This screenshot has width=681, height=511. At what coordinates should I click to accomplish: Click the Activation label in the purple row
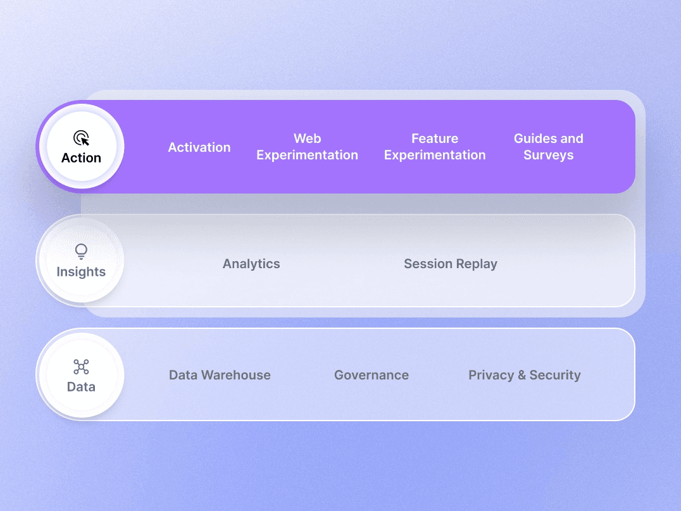199,147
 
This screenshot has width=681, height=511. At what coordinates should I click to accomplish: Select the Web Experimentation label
307,147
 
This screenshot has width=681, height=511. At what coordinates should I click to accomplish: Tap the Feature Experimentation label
435,147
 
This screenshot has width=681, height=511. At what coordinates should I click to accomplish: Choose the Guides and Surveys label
548,147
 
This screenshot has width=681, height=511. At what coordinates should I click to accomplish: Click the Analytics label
251,264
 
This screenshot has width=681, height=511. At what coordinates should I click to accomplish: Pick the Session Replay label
451,264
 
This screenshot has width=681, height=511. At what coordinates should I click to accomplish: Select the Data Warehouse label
220,375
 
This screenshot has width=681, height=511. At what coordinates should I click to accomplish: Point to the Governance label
372,375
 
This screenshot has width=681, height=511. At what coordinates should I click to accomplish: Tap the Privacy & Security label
524,375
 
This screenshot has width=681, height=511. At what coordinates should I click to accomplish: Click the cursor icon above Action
81,138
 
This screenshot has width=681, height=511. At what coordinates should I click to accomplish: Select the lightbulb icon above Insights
81,252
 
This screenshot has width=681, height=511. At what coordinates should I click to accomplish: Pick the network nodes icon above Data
81,367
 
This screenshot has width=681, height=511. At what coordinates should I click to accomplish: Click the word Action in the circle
81,158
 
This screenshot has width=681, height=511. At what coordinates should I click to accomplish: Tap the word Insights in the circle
81,272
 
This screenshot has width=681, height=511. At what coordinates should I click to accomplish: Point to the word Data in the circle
81,386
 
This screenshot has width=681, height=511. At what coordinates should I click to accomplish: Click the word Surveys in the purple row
548,155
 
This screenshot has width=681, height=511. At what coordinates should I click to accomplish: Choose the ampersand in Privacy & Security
522,375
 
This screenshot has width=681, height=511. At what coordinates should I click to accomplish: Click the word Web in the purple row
307,139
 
